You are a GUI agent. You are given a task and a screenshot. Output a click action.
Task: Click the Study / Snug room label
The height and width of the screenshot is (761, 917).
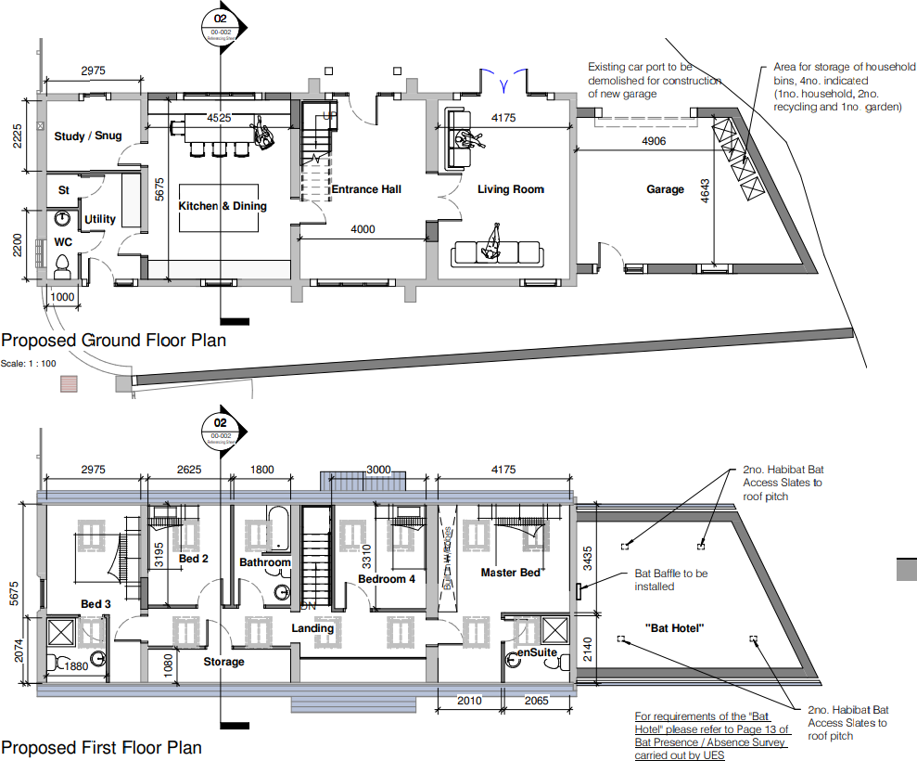coord(88,136)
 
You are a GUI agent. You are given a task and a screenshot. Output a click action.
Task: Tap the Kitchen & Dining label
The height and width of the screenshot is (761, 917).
coord(223,206)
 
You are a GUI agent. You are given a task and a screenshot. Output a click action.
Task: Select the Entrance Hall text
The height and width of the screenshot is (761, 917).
coord(366,189)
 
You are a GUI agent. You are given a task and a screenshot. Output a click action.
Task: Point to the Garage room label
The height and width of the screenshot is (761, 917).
coord(665,189)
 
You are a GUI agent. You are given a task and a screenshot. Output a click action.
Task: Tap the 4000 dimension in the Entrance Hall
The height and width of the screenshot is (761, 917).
coord(363,228)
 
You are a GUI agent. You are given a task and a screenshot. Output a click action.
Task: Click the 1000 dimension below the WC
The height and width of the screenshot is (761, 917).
coord(62,296)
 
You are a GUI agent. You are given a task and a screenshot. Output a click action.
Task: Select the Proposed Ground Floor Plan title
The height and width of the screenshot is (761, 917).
coord(113,341)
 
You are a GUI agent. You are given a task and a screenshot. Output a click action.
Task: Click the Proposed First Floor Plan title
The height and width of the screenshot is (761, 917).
coord(101,747)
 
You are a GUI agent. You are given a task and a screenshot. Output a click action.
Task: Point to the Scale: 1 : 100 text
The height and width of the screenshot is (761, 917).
coord(29,363)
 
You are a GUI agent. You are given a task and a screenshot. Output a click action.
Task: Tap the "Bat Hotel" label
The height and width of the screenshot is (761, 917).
coord(675,628)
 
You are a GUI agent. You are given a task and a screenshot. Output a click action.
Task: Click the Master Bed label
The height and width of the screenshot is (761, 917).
coord(511,573)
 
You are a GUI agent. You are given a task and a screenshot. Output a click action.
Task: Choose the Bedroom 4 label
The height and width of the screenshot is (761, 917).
coord(387,579)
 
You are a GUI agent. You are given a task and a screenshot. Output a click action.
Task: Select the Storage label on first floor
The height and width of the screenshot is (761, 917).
coord(223,662)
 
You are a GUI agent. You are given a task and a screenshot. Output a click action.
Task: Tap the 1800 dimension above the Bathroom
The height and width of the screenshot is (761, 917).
coord(262,470)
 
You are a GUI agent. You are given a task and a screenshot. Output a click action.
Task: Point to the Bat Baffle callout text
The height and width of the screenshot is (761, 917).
coord(670,580)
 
